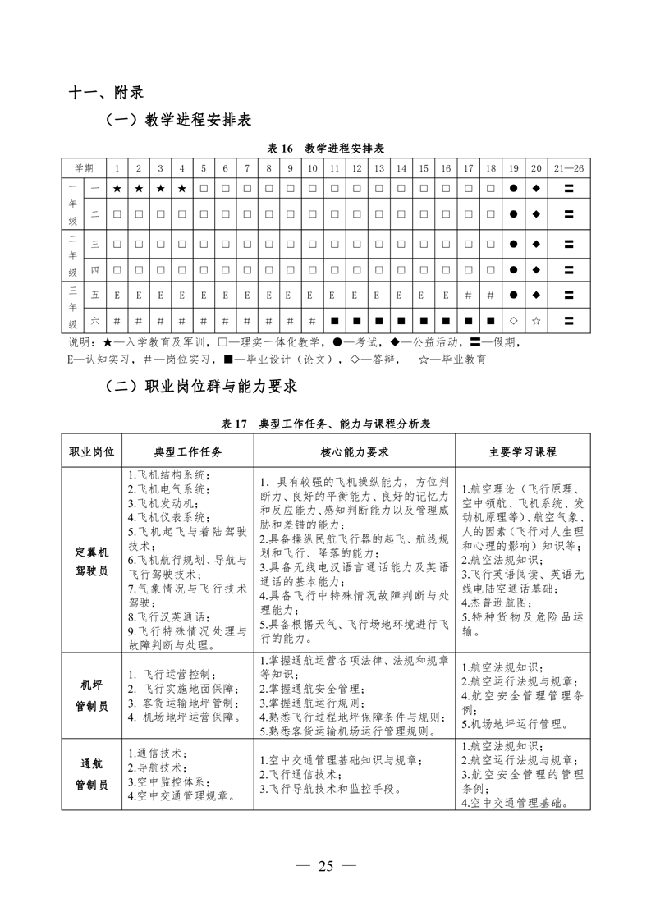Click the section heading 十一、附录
[x=106, y=92]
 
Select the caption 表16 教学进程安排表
[x=327, y=149]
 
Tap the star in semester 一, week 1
[x=117, y=189]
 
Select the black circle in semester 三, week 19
[x=514, y=244]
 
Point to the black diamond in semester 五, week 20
[x=536, y=295]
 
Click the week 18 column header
[x=491, y=168]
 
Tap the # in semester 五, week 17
[x=468, y=295]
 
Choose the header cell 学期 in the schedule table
[x=84, y=168]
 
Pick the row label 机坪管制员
[x=91, y=695]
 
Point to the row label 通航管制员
[x=91, y=773]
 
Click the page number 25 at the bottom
[x=326, y=868]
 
